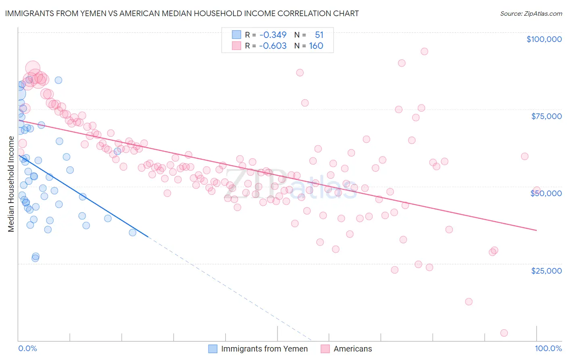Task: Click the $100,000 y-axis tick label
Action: coord(544,39)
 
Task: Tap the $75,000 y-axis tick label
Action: coord(546,116)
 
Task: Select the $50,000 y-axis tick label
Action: coord(546,193)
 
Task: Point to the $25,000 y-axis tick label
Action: coord(546,271)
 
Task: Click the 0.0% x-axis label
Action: coord(27,349)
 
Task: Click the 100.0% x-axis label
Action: coord(548,349)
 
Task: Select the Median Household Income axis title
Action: coord(11,184)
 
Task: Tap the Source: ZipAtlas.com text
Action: coord(531,13)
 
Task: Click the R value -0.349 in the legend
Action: coord(273,35)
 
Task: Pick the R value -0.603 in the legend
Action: coord(273,46)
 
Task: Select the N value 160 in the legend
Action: coord(316,46)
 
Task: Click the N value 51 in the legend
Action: coord(319,35)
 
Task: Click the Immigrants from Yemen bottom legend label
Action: coord(264,349)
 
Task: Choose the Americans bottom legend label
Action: coord(353,349)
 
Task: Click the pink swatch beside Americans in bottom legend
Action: coord(325,349)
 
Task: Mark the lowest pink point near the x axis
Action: coord(504,333)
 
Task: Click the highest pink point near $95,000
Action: coord(424,51)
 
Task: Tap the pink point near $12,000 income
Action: coord(468,301)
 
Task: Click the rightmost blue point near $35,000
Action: coord(132,232)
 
